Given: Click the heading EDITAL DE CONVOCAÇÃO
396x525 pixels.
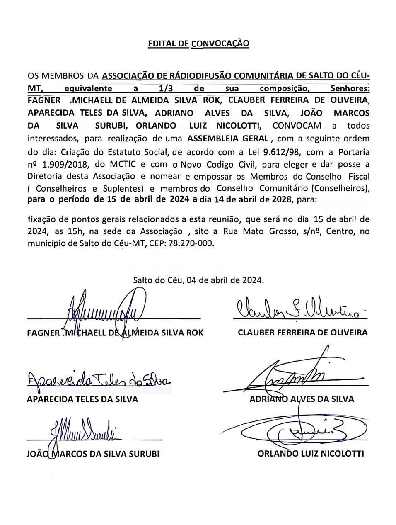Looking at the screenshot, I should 198,44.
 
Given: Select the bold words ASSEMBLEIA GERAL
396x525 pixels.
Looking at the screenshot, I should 229,138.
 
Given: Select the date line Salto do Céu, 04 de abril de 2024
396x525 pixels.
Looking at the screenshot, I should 198,280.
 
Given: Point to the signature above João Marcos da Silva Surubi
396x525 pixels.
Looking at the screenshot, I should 83,431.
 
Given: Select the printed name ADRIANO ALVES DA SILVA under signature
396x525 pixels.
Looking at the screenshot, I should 302,399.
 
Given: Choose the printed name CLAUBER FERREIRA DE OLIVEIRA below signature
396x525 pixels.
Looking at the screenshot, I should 302,333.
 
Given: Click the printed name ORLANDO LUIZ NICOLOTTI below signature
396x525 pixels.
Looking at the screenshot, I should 311,453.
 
